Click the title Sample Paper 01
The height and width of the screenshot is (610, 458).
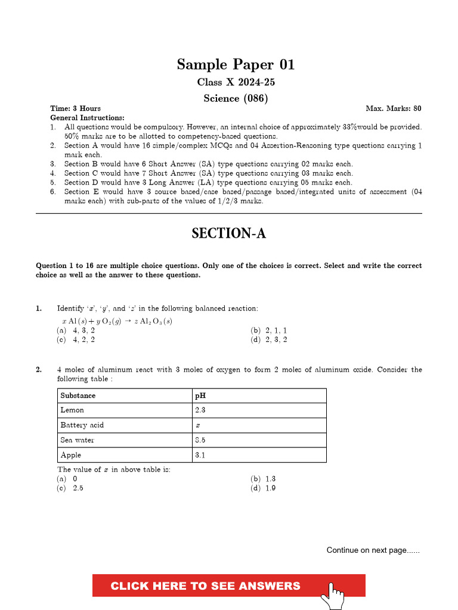[x=236, y=65]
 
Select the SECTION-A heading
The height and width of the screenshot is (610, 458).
[x=228, y=234]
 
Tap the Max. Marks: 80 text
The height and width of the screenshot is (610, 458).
[x=393, y=108]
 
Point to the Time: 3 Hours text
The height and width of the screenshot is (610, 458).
[x=75, y=108]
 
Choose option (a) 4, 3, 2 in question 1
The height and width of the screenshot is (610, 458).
[x=76, y=330]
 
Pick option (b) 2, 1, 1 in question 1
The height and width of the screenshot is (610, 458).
[x=269, y=330]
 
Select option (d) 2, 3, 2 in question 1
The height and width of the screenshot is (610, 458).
[x=269, y=340]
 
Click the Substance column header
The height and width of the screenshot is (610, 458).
[x=78, y=396]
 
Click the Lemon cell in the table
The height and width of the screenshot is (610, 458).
[x=72, y=410]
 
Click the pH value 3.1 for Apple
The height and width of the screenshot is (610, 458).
[x=200, y=455]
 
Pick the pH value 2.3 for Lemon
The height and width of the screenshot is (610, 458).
[x=200, y=410]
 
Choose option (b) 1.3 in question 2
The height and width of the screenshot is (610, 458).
[x=264, y=478]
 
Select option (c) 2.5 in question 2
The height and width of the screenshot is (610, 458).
[x=70, y=488]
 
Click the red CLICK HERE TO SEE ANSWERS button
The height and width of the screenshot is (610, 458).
[x=205, y=586]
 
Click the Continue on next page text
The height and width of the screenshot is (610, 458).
[x=373, y=550]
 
